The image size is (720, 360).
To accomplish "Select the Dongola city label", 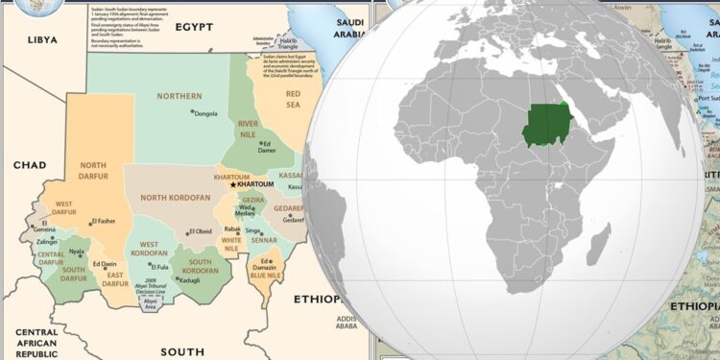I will [205, 113].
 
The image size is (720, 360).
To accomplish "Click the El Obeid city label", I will [203, 231].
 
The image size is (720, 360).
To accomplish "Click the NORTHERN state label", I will [180, 96].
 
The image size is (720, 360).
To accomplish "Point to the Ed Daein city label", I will [104, 264].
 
